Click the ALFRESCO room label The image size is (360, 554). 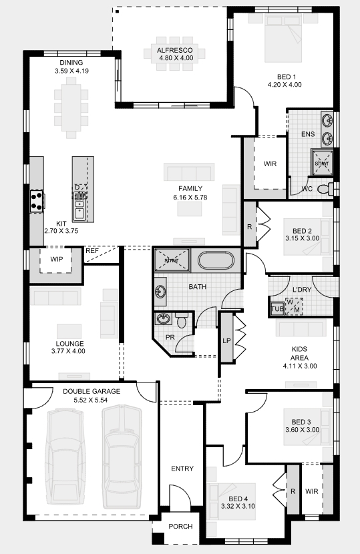[175, 50]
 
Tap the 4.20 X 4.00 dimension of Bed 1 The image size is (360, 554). [285, 85]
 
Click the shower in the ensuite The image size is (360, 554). [322, 162]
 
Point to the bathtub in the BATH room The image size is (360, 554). [216, 261]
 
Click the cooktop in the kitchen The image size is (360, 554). [37, 202]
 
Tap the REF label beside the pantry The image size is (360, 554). [92, 251]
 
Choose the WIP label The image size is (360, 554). [57, 260]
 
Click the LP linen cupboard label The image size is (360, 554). [226, 341]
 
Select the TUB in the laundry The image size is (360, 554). [277, 308]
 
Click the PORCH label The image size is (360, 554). [181, 527]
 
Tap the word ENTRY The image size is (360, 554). [182, 469]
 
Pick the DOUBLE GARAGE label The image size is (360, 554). [92, 392]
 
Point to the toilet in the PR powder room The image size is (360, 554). [182, 320]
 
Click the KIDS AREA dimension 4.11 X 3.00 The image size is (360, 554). [300, 366]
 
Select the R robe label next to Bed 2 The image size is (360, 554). [250, 227]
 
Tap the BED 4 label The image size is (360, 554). [238, 499]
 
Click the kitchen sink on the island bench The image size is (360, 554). [79, 209]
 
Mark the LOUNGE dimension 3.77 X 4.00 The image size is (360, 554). [68, 351]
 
